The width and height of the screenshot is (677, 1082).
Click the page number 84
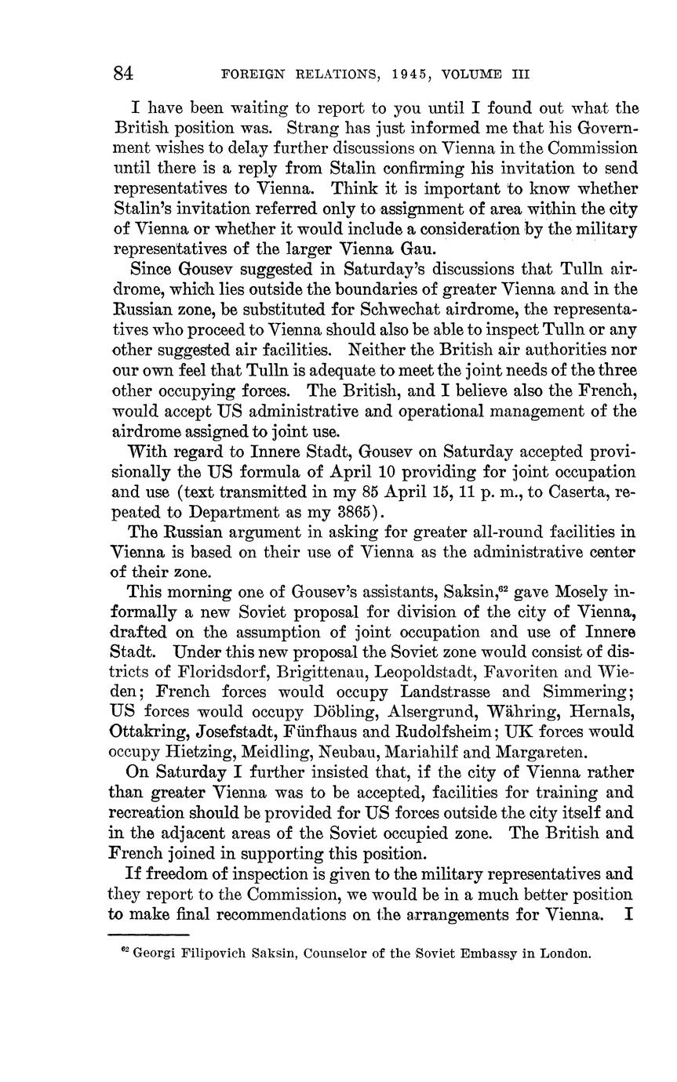(x=123, y=74)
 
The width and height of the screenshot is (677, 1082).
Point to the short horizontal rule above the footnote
(x=148, y=935)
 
